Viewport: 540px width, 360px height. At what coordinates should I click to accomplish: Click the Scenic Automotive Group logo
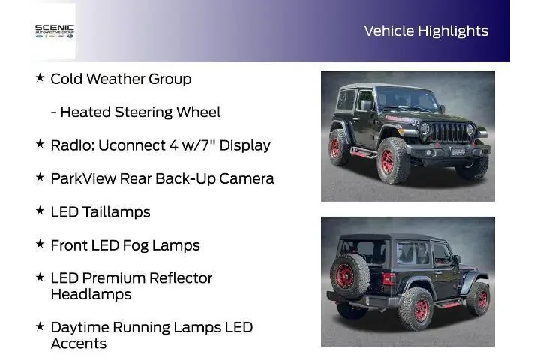point(55,31)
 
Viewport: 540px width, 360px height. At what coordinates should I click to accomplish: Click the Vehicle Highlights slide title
point(425,31)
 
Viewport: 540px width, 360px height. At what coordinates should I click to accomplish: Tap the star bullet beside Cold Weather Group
point(40,77)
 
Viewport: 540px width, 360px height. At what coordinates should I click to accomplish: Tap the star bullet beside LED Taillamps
point(40,211)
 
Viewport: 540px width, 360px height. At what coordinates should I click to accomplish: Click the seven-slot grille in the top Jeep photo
point(448,131)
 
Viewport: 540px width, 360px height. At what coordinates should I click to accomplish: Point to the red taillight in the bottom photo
point(388,279)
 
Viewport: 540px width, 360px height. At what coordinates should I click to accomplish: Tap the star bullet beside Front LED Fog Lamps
point(40,244)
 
